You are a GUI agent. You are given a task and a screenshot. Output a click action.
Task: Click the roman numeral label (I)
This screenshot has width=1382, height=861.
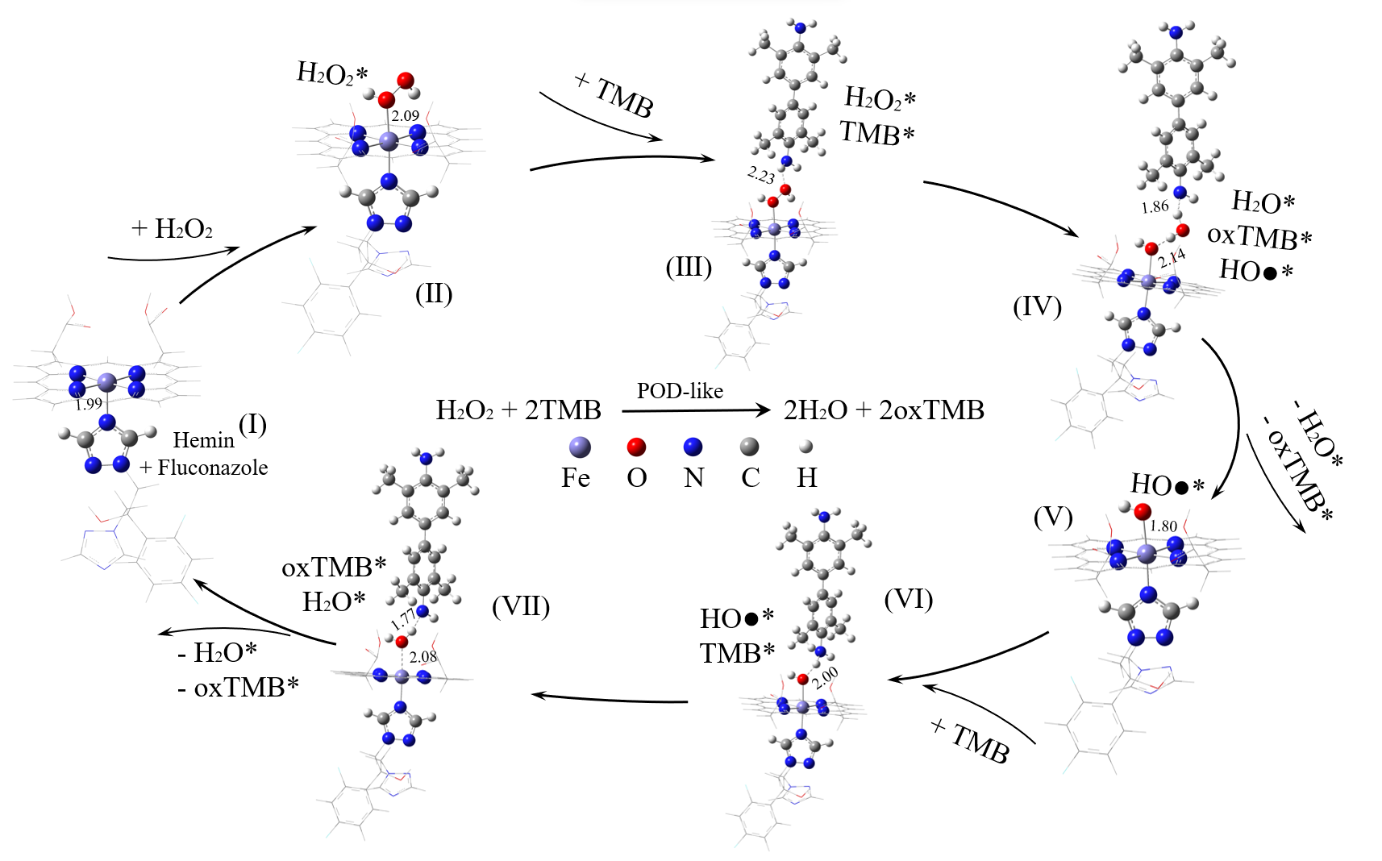pyautogui.click(x=252, y=424)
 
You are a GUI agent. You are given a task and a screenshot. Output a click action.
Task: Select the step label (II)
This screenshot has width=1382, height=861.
pyautogui.click(x=434, y=293)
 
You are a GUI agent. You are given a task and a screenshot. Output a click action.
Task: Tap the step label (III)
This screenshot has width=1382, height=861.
pyautogui.click(x=689, y=266)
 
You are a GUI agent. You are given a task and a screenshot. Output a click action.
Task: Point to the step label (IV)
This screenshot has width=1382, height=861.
pyautogui.click(x=1037, y=306)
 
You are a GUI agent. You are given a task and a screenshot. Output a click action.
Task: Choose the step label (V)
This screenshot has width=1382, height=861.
pyautogui.click(x=1053, y=517)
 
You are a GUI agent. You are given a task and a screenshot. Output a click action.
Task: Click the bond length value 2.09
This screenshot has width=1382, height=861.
pyautogui.click(x=406, y=116)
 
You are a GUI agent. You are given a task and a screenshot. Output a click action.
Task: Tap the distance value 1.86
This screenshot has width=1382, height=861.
pyautogui.click(x=1155, y=207)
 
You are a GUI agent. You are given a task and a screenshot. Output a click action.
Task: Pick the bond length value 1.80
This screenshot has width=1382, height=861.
pyautogui.click(x=1163, y=526)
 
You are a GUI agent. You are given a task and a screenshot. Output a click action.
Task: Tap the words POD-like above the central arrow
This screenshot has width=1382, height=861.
pyautogui.click(x=680, y=391)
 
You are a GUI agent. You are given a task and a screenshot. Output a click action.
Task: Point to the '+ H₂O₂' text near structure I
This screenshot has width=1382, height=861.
pyautogui.click(x=172, y=229)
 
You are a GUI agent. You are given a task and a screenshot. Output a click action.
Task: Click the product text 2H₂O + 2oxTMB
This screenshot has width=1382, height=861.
pyautogui.click(x=884, y=410)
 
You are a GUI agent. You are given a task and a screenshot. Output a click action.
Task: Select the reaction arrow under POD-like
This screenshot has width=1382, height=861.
pyautogui.click(x=696, y=410)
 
